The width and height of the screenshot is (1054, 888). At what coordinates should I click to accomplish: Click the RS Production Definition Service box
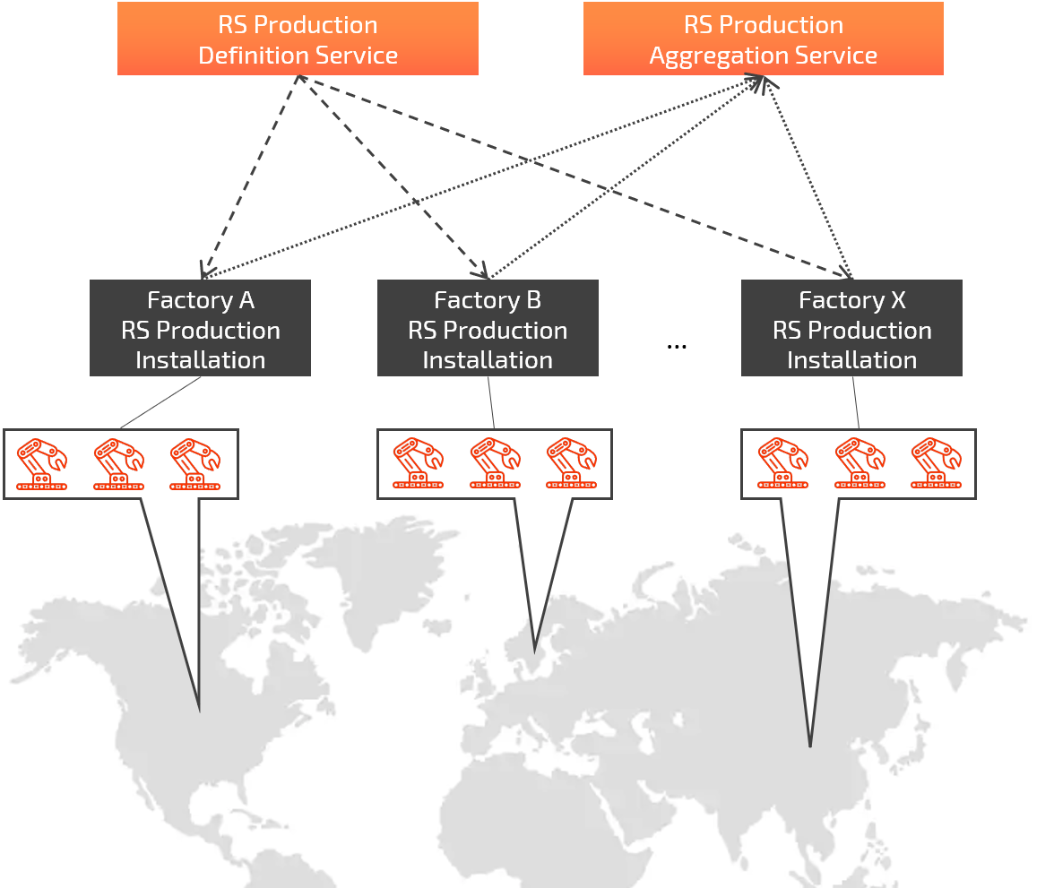tap(298, 39)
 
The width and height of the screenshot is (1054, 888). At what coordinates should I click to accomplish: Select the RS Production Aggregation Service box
tap(763, 39)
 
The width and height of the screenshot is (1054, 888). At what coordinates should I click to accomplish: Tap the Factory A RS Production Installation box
tap(200, 329)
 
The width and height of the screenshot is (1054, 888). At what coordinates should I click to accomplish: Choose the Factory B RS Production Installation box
tap(488, 329)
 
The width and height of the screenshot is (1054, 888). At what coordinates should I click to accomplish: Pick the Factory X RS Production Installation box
tap(851, 329)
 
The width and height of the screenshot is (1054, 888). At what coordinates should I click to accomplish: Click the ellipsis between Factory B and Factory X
tap(677, 345)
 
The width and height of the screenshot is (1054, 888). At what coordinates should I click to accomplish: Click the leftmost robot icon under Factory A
tap(42, 464)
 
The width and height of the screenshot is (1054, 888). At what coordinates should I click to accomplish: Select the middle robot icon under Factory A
tap(119, 464)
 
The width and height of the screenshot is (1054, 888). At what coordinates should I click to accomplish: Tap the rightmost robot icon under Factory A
tap(195, 464)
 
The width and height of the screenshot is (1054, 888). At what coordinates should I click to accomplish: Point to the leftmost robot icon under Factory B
tap(418, 464)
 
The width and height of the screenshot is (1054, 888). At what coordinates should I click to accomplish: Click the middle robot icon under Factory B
tap(495, 464)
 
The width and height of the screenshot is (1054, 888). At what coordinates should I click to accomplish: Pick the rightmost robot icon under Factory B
tap(571, 464)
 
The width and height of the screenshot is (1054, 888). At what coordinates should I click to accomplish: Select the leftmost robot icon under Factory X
tap(782, 464)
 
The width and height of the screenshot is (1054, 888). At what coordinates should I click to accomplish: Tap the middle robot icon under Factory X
tap(860, 464)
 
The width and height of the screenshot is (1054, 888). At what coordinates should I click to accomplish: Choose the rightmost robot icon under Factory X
tap(936, 464)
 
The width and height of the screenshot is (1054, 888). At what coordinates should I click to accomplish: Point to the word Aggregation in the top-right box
tap(714, 56)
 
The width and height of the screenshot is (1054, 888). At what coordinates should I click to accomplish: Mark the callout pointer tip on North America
tap(199, 711)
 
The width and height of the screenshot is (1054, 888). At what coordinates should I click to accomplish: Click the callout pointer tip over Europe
tap(535, 650)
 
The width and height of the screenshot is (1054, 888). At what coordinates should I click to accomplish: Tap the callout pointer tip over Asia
tap(810, 746)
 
